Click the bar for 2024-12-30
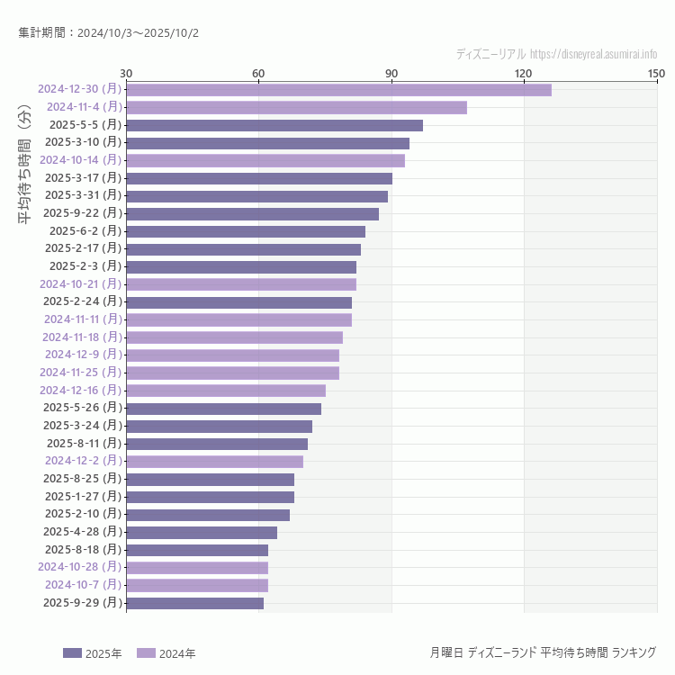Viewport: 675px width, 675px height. coord(338,90)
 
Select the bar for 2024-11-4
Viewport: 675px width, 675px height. coord(296,108)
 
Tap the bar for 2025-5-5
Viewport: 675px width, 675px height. coord(274,125)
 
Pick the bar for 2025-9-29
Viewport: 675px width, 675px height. coord(194,603)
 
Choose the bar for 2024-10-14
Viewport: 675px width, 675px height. coord(265,160)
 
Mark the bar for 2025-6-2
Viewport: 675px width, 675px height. coord(246,231)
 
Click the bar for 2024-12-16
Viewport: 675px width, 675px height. coord(226,391)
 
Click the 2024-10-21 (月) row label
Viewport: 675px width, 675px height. coord(80,284)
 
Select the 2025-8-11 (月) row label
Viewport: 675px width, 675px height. coord(84,443)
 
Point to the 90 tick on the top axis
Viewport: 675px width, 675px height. coord(391,73)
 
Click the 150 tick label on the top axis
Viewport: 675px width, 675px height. coord(656,73)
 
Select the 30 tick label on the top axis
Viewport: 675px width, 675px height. coord(126,73)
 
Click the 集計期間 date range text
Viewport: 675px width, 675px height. coord(109,32)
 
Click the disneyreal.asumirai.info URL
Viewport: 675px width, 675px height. coord(593,54)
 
